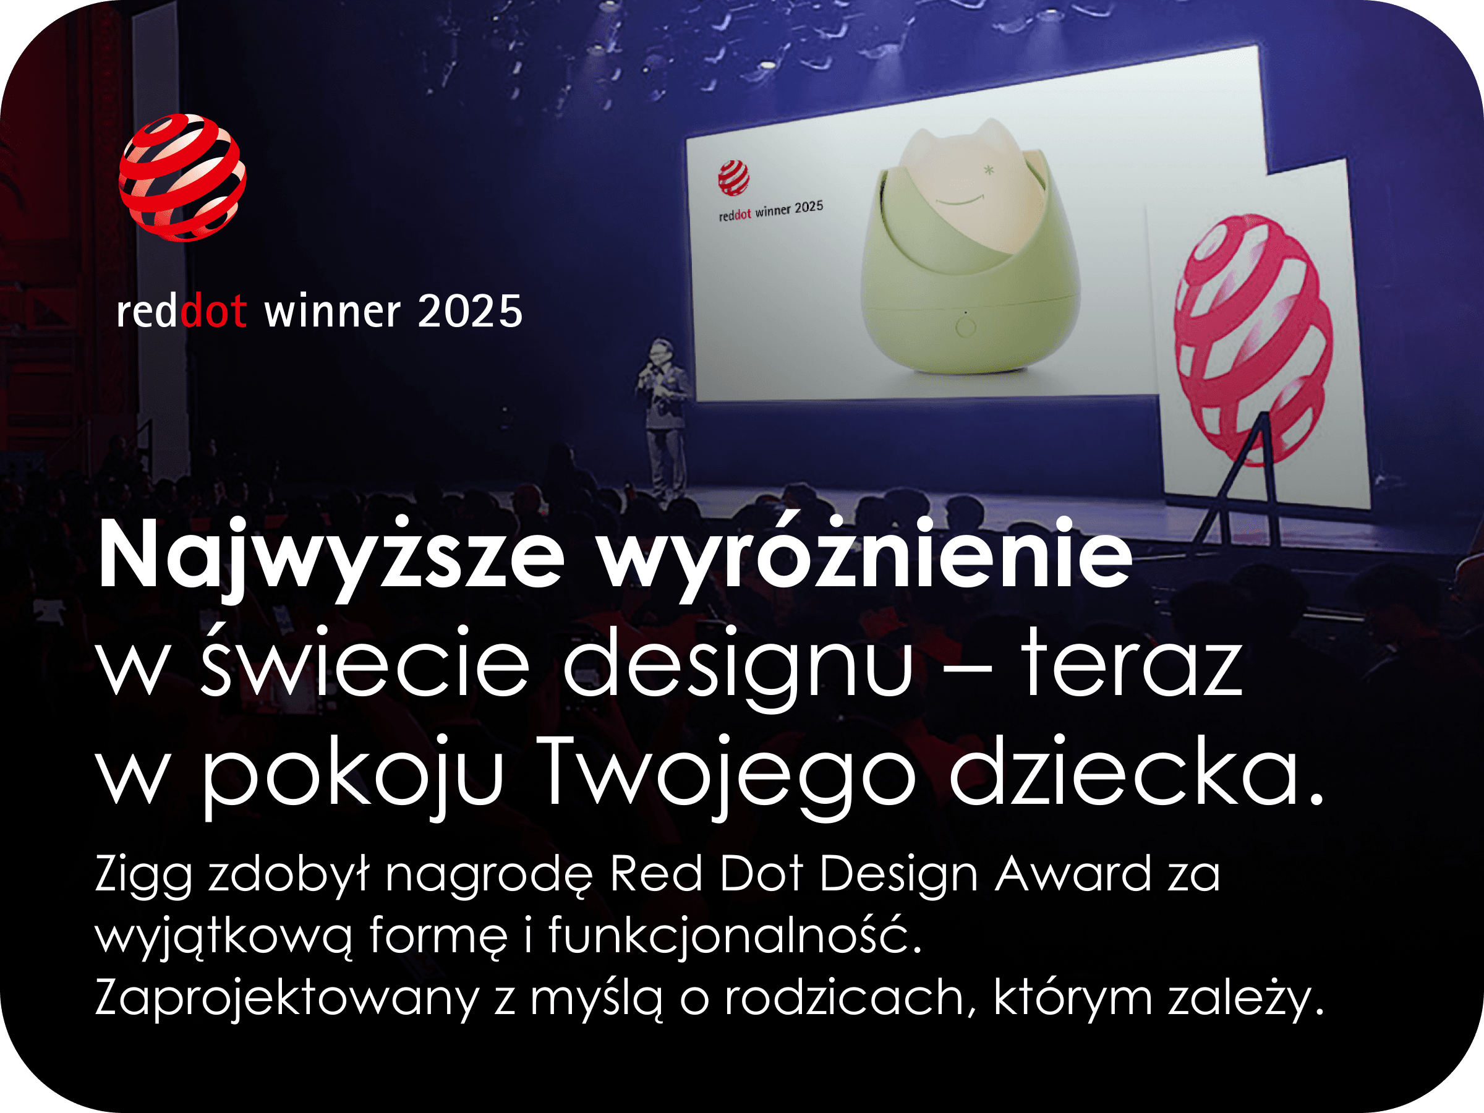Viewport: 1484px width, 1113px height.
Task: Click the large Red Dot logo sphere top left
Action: [x=182, y=178]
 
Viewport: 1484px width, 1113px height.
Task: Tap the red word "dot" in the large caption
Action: [x=214, y=311]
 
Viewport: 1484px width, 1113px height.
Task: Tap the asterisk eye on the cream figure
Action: [x=988, y=171]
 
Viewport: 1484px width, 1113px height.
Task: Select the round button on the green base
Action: [x=966, y=327]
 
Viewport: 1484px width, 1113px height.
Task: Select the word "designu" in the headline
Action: [x=738, y=668]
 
